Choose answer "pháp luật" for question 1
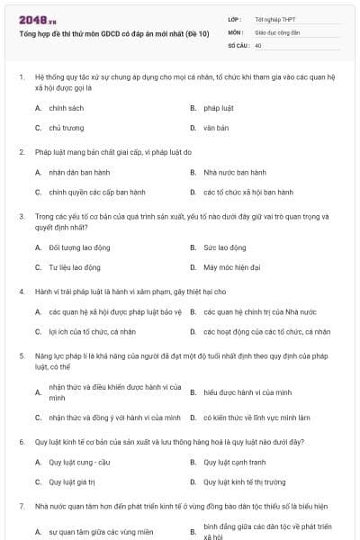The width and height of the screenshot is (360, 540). tap(219, 108)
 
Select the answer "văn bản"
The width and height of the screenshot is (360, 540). tap(216, 128)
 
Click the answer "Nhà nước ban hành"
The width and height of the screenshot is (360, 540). tap(235, 172)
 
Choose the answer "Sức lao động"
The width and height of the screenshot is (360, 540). tap(225, 247)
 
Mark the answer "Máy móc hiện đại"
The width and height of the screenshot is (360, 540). tap(232, 267)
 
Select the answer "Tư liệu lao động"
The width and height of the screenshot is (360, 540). tap(75, 267)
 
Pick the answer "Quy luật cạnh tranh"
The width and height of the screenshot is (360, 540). tap(235, 462)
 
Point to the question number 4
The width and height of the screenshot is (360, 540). tap(21, 292)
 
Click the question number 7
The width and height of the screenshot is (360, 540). tap(21, 506)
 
